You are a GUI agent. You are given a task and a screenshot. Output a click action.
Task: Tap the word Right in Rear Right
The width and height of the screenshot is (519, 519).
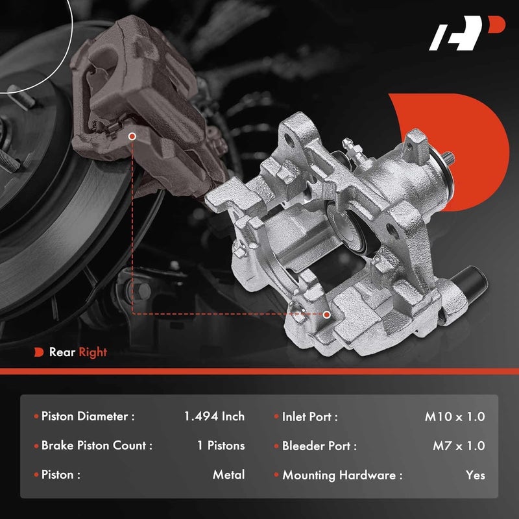pyautogui.click(x=93, y=352)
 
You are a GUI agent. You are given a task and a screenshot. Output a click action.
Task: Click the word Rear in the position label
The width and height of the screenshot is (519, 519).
pyautogui.click(x=62, y=352)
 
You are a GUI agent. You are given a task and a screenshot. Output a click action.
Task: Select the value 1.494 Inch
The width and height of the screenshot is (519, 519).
pyautogui.click(x=214, y=416)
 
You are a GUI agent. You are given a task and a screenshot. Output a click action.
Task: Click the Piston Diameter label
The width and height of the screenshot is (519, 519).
pyautogui.click(x=88, y=416)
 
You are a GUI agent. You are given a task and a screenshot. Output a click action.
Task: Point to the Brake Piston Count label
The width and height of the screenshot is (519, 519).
pyautogui.click(x=97, y=446)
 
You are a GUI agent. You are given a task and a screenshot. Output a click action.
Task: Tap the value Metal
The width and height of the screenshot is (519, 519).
pyautogui.click(x=228, y=475)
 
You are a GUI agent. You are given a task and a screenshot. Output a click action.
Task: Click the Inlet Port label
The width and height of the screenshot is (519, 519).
pyautogui.click(x=309, y=416)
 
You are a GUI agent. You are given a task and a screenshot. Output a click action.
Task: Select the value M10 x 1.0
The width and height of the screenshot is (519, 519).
pyautogui.click(x=455, y=416)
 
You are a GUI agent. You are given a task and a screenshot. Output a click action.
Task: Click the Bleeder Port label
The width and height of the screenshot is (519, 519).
pyautogui.click(x=319, y=446)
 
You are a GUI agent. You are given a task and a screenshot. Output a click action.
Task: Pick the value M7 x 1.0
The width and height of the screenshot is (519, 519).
pyautogui.click(x=458, y=446)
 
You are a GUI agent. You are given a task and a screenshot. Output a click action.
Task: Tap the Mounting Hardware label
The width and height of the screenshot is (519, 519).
pyautogui.click(x=342, y=475)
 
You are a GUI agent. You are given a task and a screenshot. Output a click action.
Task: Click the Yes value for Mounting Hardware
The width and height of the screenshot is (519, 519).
pyautogui.click(x=475, y=475)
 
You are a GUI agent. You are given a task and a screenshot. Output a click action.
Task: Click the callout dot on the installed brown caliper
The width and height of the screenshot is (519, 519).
pyautogui.click(x=132, y=137)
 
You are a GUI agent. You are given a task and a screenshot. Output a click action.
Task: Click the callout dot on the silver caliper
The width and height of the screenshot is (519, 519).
pyautogui.click(x=326, y=314)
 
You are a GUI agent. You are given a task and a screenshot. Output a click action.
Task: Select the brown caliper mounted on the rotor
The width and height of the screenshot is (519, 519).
pyautogui.click(x=130, y=104)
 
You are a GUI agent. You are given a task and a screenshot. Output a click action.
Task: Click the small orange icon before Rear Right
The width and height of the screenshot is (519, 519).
pyautogui.click(x=38, y=352)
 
